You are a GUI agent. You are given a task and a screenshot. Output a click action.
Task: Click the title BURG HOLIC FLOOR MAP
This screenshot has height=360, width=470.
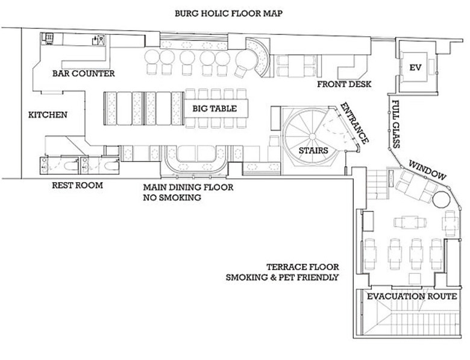(228, 13)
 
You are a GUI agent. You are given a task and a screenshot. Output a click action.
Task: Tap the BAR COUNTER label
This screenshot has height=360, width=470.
(84, 74)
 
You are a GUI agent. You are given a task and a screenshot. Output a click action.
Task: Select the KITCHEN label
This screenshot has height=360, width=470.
(48, 115)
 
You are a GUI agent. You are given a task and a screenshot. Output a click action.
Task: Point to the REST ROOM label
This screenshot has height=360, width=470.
(77, 185)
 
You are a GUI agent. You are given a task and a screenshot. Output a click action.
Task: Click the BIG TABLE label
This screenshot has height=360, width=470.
(215, 109)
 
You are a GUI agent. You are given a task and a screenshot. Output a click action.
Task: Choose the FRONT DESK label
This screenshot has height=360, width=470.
(345, 84)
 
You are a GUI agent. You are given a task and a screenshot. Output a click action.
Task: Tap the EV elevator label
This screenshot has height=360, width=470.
(415, 68)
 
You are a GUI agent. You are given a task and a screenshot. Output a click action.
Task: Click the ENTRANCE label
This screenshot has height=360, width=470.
(354, 123)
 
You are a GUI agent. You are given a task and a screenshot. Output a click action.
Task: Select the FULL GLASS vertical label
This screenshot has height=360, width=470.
(396, 124)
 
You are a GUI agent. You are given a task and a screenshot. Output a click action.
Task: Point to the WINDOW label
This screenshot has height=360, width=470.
(427, 171)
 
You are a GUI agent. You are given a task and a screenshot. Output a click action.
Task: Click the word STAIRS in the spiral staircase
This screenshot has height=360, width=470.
(313, 150)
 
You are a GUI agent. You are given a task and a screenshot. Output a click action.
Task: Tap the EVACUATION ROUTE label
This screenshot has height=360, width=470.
(412, 297)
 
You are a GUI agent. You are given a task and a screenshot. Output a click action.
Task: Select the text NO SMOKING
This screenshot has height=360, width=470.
(172, 198)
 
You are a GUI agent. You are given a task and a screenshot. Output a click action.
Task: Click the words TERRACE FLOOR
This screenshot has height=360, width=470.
(302, 267)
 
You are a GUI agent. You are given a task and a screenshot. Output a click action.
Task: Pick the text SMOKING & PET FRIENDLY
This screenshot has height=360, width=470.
(283, 277)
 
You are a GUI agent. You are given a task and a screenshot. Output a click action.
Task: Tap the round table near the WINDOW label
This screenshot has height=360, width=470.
(441, 199)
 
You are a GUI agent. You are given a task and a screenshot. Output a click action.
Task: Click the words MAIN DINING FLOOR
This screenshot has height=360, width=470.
(188, 188)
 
